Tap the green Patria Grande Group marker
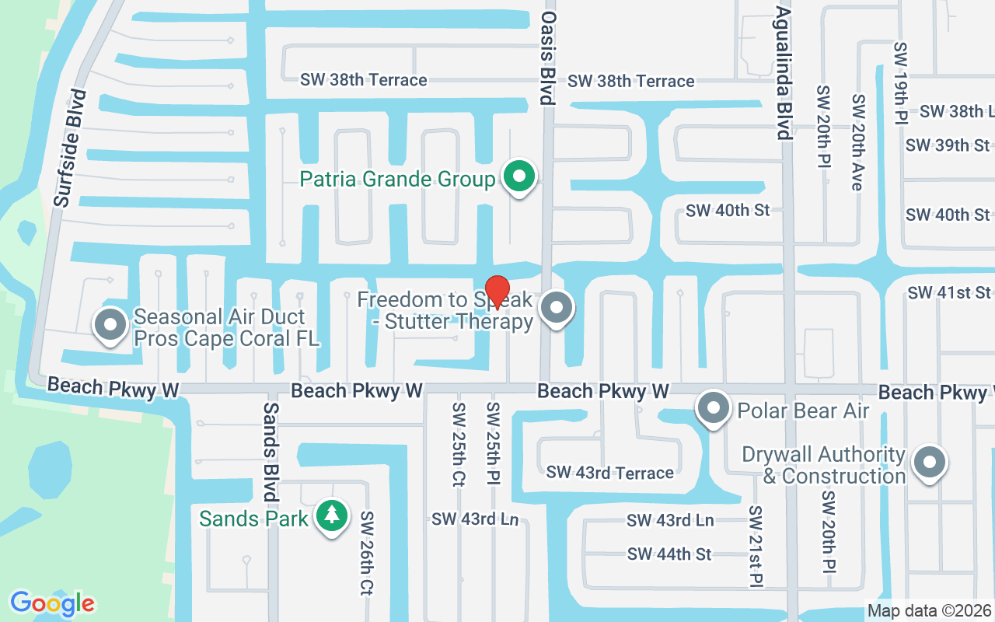pyautogui.click(x=519, y=177)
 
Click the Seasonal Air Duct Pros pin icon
pyautogui.click(x=110, y=325)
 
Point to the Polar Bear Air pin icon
pyautogui.click(x=713, y=409)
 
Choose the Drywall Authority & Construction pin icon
pyautogui.click(x=928, y=463)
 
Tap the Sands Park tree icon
pyautogui.click(x=332, y=515)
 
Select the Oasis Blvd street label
pyautogui.click(x=548, y=58)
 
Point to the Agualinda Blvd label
pyautogui.click(x=784, y=73)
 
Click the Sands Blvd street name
pyautogui.click(x=271, y=452)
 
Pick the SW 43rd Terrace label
pyautogui.click(x=610, y=472)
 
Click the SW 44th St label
pyautogui.click(x=669, y=554)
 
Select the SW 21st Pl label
pyautogui.click(x=756, y=546)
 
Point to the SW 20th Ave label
pyautogui.click(x=858, y=142)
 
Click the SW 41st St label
pyautogui.click(x=949, y=292)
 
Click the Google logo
pyautogui.click(x=52, y=603)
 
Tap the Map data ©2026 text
pyautogui.click(x=930, y=610)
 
